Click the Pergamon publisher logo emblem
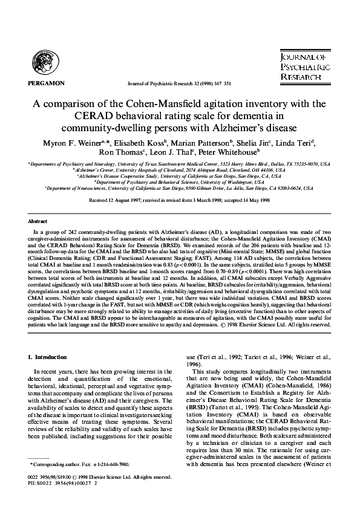[45, 62]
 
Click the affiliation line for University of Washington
[180, 182]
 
